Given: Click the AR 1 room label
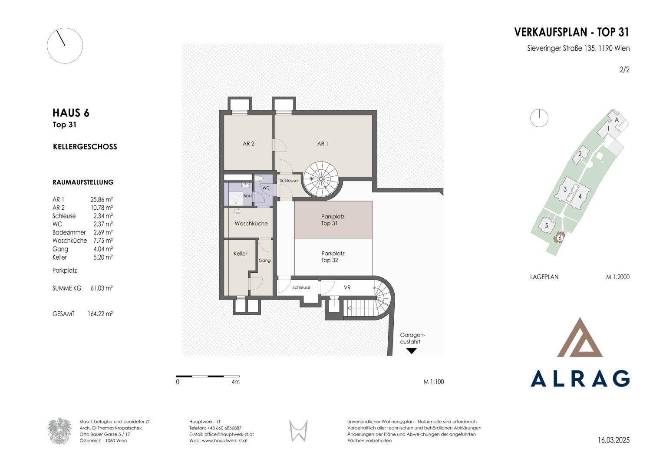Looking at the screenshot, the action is click(x=323, y=144).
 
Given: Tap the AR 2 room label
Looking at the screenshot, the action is click(x=249, y=144).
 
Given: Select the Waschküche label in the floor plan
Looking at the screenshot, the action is click(x=251, y=224).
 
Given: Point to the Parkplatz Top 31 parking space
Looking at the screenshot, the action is click(x=333, y=219).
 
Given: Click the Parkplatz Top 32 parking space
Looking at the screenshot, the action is click(x=333, y=257).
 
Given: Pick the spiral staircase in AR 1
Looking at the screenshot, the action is click(x=321, y=179).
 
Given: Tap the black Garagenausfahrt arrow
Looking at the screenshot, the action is click(x=412, y=351).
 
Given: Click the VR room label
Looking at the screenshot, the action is click(x=347, y=287).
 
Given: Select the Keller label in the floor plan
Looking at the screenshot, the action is click(x=241, y=254).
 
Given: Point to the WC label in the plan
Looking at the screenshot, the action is click(x=266, y=188).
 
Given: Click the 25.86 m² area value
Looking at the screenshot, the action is click(x=102, y=200).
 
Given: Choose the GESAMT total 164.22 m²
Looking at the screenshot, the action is click(x=100, y=314).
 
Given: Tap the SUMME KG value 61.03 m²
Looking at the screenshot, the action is click(x=102, y=288).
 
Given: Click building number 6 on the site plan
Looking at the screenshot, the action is click(x=560, y=238).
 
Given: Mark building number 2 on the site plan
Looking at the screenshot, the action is click(x=580, y=154).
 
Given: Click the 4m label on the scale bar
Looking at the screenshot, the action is click(x=236, y=382).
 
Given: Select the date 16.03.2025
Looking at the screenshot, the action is click(x=614, y=440).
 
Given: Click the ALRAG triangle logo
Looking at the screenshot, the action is click(x=580, y=337).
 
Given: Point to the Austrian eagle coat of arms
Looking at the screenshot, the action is click(x=59, y=431).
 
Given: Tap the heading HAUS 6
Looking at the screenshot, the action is click(x=71, y=113).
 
